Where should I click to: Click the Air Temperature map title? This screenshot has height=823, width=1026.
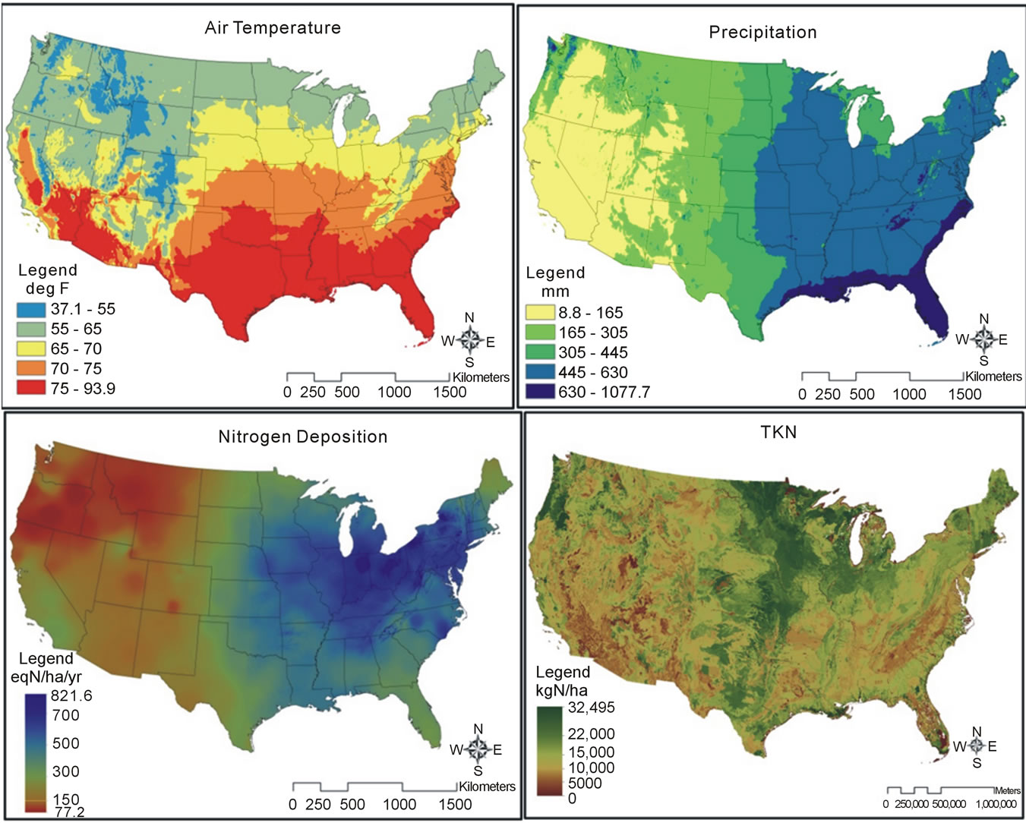point(273,28)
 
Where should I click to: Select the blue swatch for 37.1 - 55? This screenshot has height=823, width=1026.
point(31,310)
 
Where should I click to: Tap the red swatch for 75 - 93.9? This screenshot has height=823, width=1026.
point(31,389)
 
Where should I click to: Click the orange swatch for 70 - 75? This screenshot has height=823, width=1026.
point(31,369)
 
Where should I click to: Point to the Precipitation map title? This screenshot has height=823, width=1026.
point(762,33)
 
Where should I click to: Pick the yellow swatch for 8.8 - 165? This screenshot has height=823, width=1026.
point(540,313)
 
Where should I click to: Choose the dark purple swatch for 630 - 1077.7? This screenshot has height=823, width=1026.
point(540,392)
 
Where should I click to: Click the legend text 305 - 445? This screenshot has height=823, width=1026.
point(593,352)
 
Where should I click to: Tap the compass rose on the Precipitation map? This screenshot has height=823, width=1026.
point(983,339)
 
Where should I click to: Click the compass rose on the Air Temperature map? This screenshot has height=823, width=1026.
point(469,340)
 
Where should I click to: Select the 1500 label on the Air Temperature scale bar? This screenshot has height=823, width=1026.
point(450,393)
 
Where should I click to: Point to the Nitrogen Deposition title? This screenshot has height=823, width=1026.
point(302,437)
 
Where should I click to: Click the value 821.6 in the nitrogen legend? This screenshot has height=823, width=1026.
point(71,695)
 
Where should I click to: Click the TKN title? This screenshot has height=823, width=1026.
point(778,433)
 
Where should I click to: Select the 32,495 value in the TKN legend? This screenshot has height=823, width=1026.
point(592,708)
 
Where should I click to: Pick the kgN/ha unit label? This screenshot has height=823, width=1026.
point(562,690)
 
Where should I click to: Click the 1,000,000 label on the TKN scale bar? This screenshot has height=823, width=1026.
point(996,804)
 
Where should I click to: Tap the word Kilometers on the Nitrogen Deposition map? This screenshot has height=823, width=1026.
point(487,787)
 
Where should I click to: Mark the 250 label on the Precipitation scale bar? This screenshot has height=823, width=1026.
point(827,394)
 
